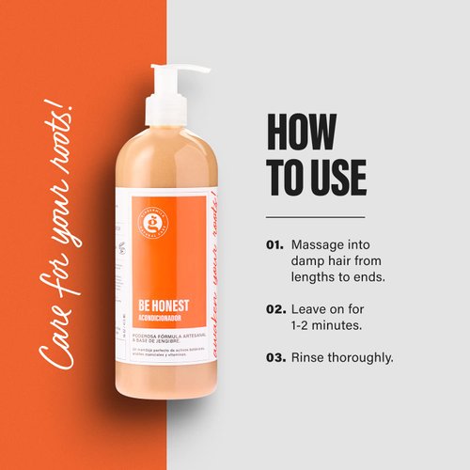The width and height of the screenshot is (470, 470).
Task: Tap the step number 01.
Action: coord(274,244)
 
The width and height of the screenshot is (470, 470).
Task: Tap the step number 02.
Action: coord(274,308)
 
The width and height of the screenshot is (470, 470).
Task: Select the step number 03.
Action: coord(274,358)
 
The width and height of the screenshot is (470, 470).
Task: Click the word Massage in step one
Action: coord(321,244)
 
